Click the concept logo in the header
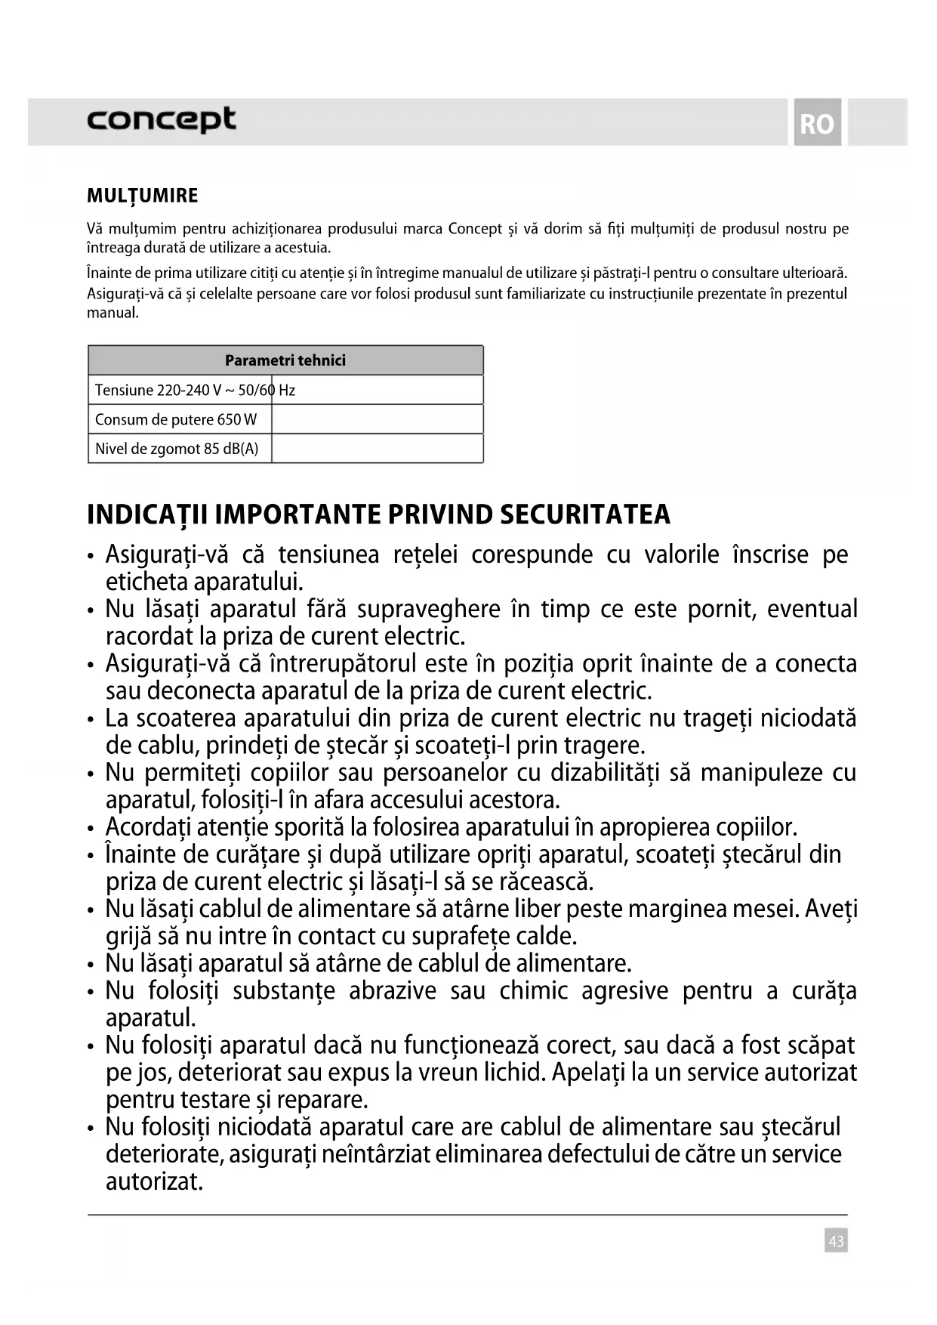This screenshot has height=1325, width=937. click(162, 120)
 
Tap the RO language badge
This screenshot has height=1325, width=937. click(817, 123)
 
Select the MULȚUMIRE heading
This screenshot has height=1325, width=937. click(143, 196)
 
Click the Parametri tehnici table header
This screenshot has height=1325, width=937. click(285, 360)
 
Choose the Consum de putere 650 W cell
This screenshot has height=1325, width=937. click(176, 419)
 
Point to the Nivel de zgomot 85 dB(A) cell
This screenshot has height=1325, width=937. click(177, 449)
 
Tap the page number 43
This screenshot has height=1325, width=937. click(836, 1240)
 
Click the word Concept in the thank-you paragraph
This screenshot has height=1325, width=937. click(475, 229)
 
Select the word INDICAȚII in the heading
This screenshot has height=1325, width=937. click(146, 514)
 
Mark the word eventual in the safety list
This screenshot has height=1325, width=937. click(812, 609)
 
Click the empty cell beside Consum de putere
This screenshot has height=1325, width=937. click(377, 419)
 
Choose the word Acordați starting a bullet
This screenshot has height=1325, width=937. click(147, 826)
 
